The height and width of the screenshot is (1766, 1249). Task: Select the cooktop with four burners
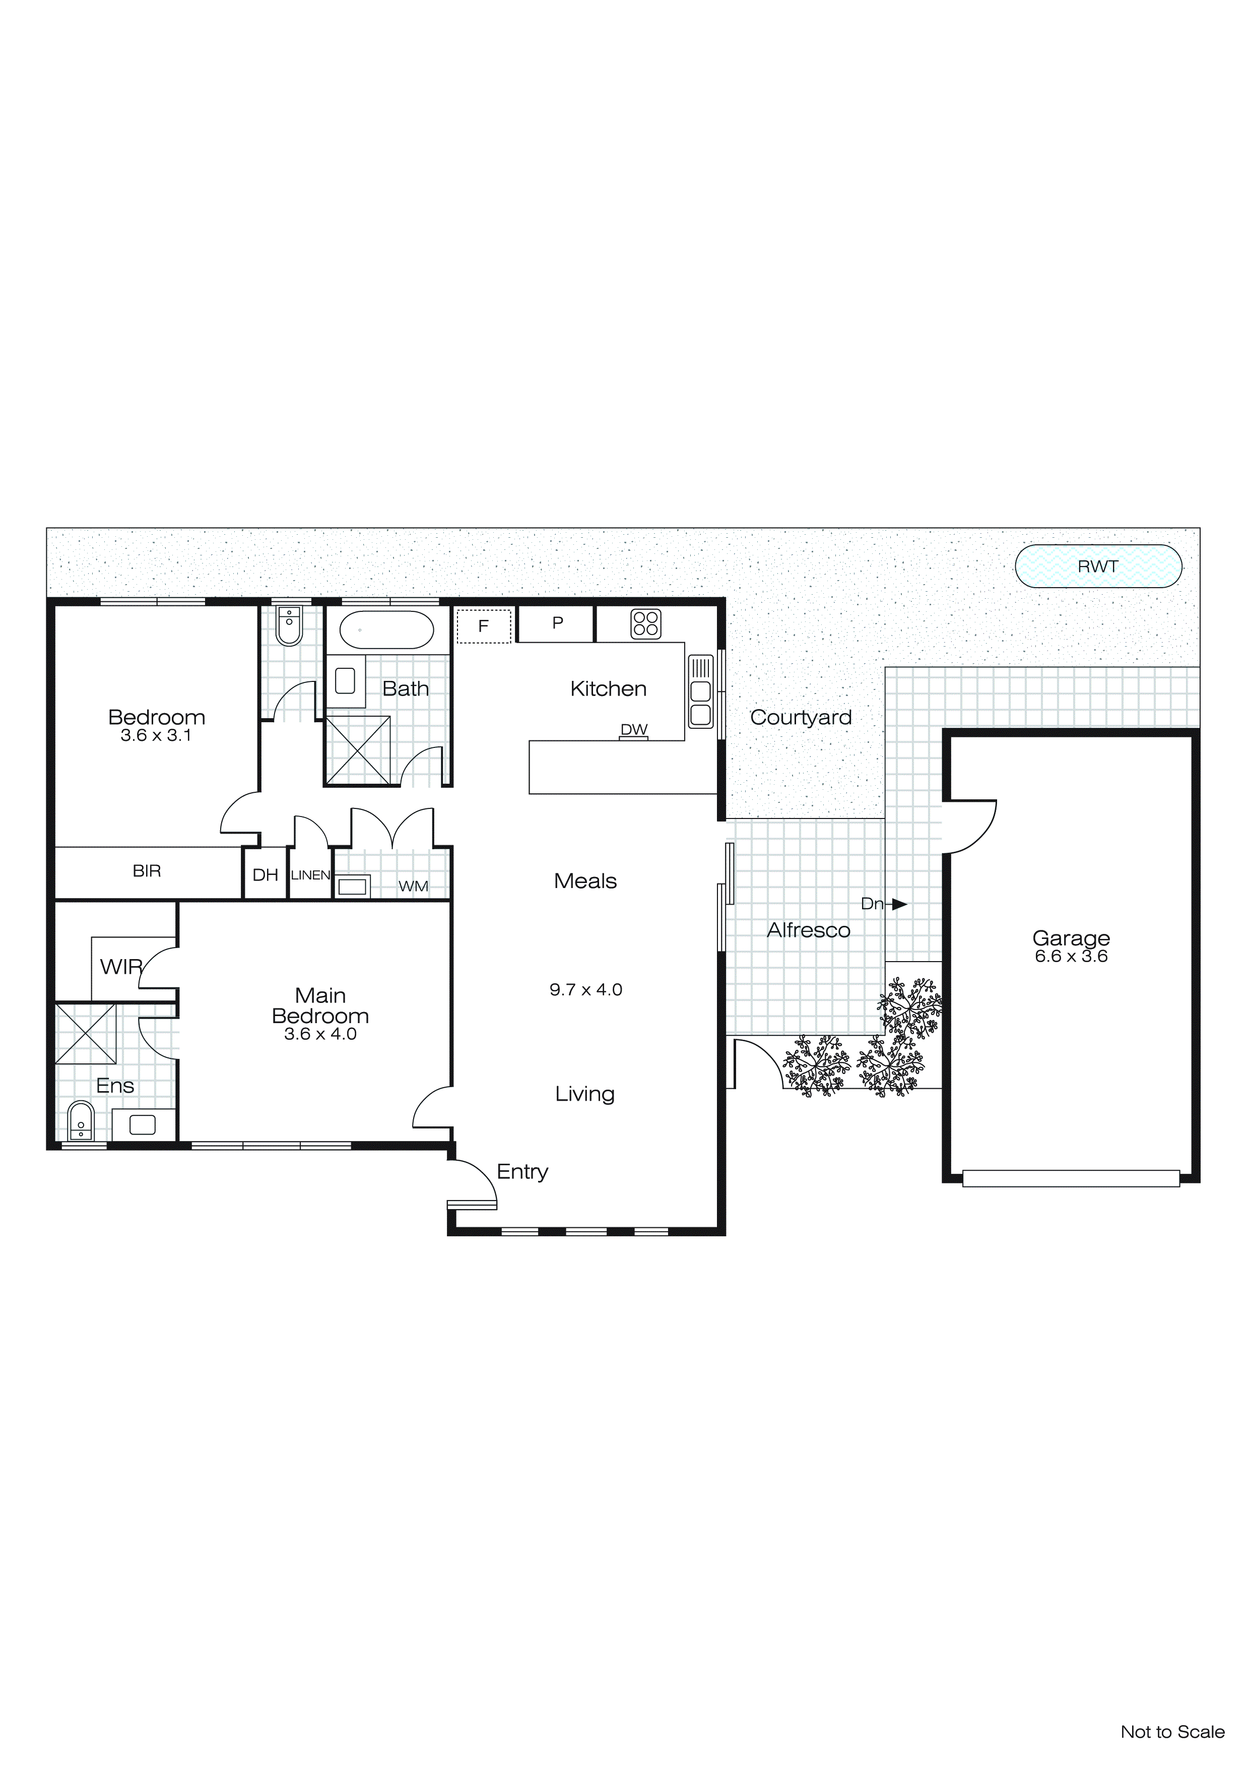click(x=645, y=624)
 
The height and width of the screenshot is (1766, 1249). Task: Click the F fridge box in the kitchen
click(x=484, y=626)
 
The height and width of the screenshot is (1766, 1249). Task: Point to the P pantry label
click(x=558, y=622)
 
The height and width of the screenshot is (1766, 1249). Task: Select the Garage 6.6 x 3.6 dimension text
click(x=1071, y=956)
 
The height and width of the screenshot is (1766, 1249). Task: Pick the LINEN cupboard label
click(x=310, y=875)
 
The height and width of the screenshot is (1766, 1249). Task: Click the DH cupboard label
click(x=266, y=875)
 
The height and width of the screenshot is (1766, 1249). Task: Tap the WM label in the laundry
click(x=413, y=886)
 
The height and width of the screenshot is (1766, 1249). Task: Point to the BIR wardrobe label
click(x=147, y=871)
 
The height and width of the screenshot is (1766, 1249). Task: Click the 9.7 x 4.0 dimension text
click(x=585, y=990)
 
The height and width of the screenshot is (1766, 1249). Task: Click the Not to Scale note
click(x=1172, y=1732)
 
